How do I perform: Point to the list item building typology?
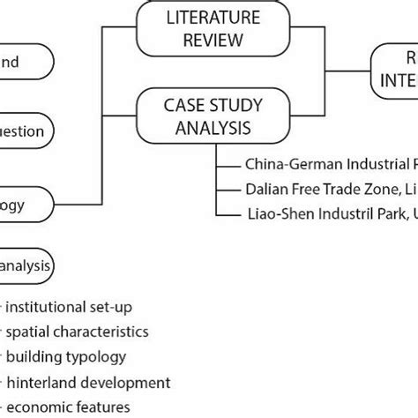click(x=65, y=357)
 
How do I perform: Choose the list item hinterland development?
click(x=87, y=382)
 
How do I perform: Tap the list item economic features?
click(x=69, y=407)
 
